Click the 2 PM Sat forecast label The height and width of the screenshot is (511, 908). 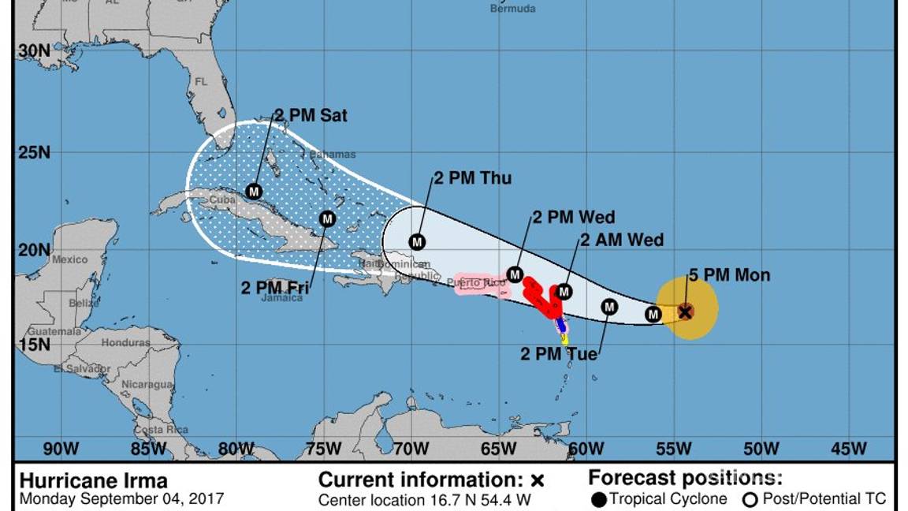point(311,116)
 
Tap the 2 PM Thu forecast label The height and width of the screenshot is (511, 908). point(473,178)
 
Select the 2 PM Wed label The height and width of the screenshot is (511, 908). point(574,218)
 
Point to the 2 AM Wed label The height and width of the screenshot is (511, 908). point(622,240)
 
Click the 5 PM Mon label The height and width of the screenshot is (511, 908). point(729,275)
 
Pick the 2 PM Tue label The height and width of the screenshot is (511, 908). point(559,354)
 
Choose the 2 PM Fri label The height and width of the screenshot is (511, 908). point(275,288)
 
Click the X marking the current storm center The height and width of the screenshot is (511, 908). point(685,311)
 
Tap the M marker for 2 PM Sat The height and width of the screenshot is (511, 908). point(254,192)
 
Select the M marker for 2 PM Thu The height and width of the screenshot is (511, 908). point(417,242)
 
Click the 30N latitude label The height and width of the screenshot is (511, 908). point(34,51)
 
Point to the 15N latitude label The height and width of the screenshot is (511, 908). point(34,344)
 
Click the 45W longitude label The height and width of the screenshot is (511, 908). point(848,449)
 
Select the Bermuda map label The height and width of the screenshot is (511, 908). point(512,9)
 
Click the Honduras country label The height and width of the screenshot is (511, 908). point(125,343)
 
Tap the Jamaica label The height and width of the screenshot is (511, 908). point(283,298)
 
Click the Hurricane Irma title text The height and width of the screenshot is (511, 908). point(93,481)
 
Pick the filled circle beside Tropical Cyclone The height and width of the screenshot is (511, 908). point(599,499)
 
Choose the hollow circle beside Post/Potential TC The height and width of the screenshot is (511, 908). point(750,499)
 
